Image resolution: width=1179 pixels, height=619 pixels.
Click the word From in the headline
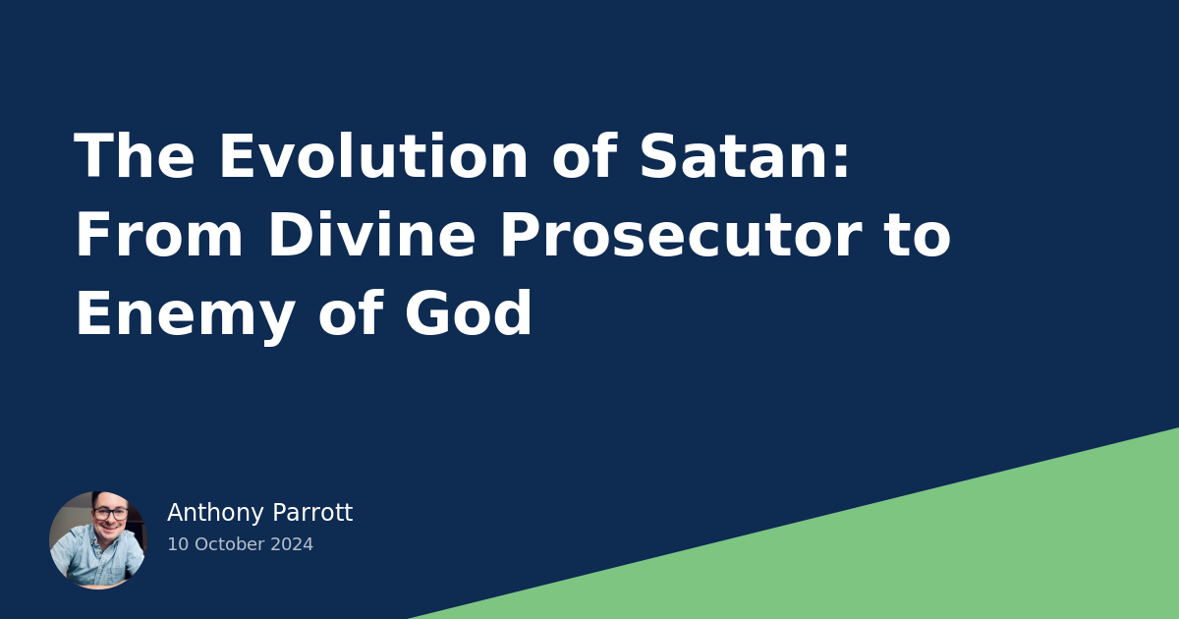[157, 237]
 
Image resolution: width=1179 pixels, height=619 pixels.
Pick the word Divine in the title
[373, 237]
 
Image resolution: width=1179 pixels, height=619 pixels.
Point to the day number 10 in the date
[177, 544]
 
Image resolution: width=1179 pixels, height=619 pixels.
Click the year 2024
[293, 544]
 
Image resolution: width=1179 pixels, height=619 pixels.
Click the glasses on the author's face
[110, 514]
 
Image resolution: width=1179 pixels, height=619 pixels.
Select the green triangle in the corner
[933, 550]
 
